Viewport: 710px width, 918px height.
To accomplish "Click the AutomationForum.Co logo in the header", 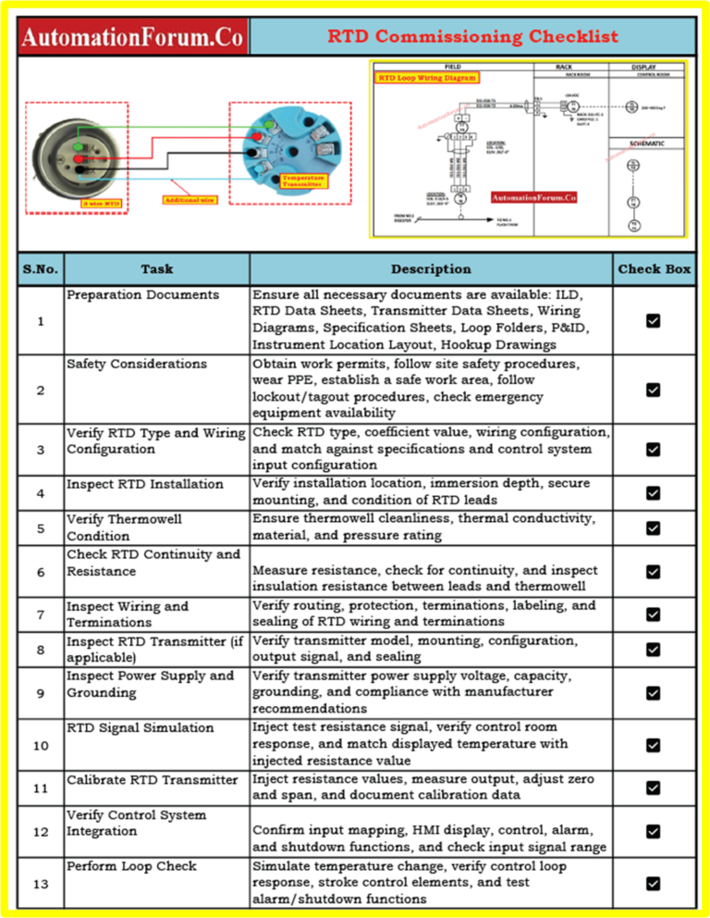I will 133,38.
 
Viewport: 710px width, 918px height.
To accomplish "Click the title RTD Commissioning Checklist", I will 472,37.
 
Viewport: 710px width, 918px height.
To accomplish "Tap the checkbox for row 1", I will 653,320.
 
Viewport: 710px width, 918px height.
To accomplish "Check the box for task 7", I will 653,614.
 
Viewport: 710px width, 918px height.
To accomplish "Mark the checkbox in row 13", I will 653,884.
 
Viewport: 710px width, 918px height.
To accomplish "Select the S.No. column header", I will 40,269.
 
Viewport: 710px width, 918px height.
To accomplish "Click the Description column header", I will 431,269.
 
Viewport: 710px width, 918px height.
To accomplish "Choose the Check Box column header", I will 654,269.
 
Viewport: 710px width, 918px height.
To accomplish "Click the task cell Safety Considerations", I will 136,364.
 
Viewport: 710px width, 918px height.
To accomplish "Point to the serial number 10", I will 40,745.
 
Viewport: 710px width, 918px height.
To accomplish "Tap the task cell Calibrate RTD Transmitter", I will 152,780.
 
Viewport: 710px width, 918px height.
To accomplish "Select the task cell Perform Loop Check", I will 130,866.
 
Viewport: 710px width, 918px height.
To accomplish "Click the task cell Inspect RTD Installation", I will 144,484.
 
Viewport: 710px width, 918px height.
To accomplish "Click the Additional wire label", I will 189,199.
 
